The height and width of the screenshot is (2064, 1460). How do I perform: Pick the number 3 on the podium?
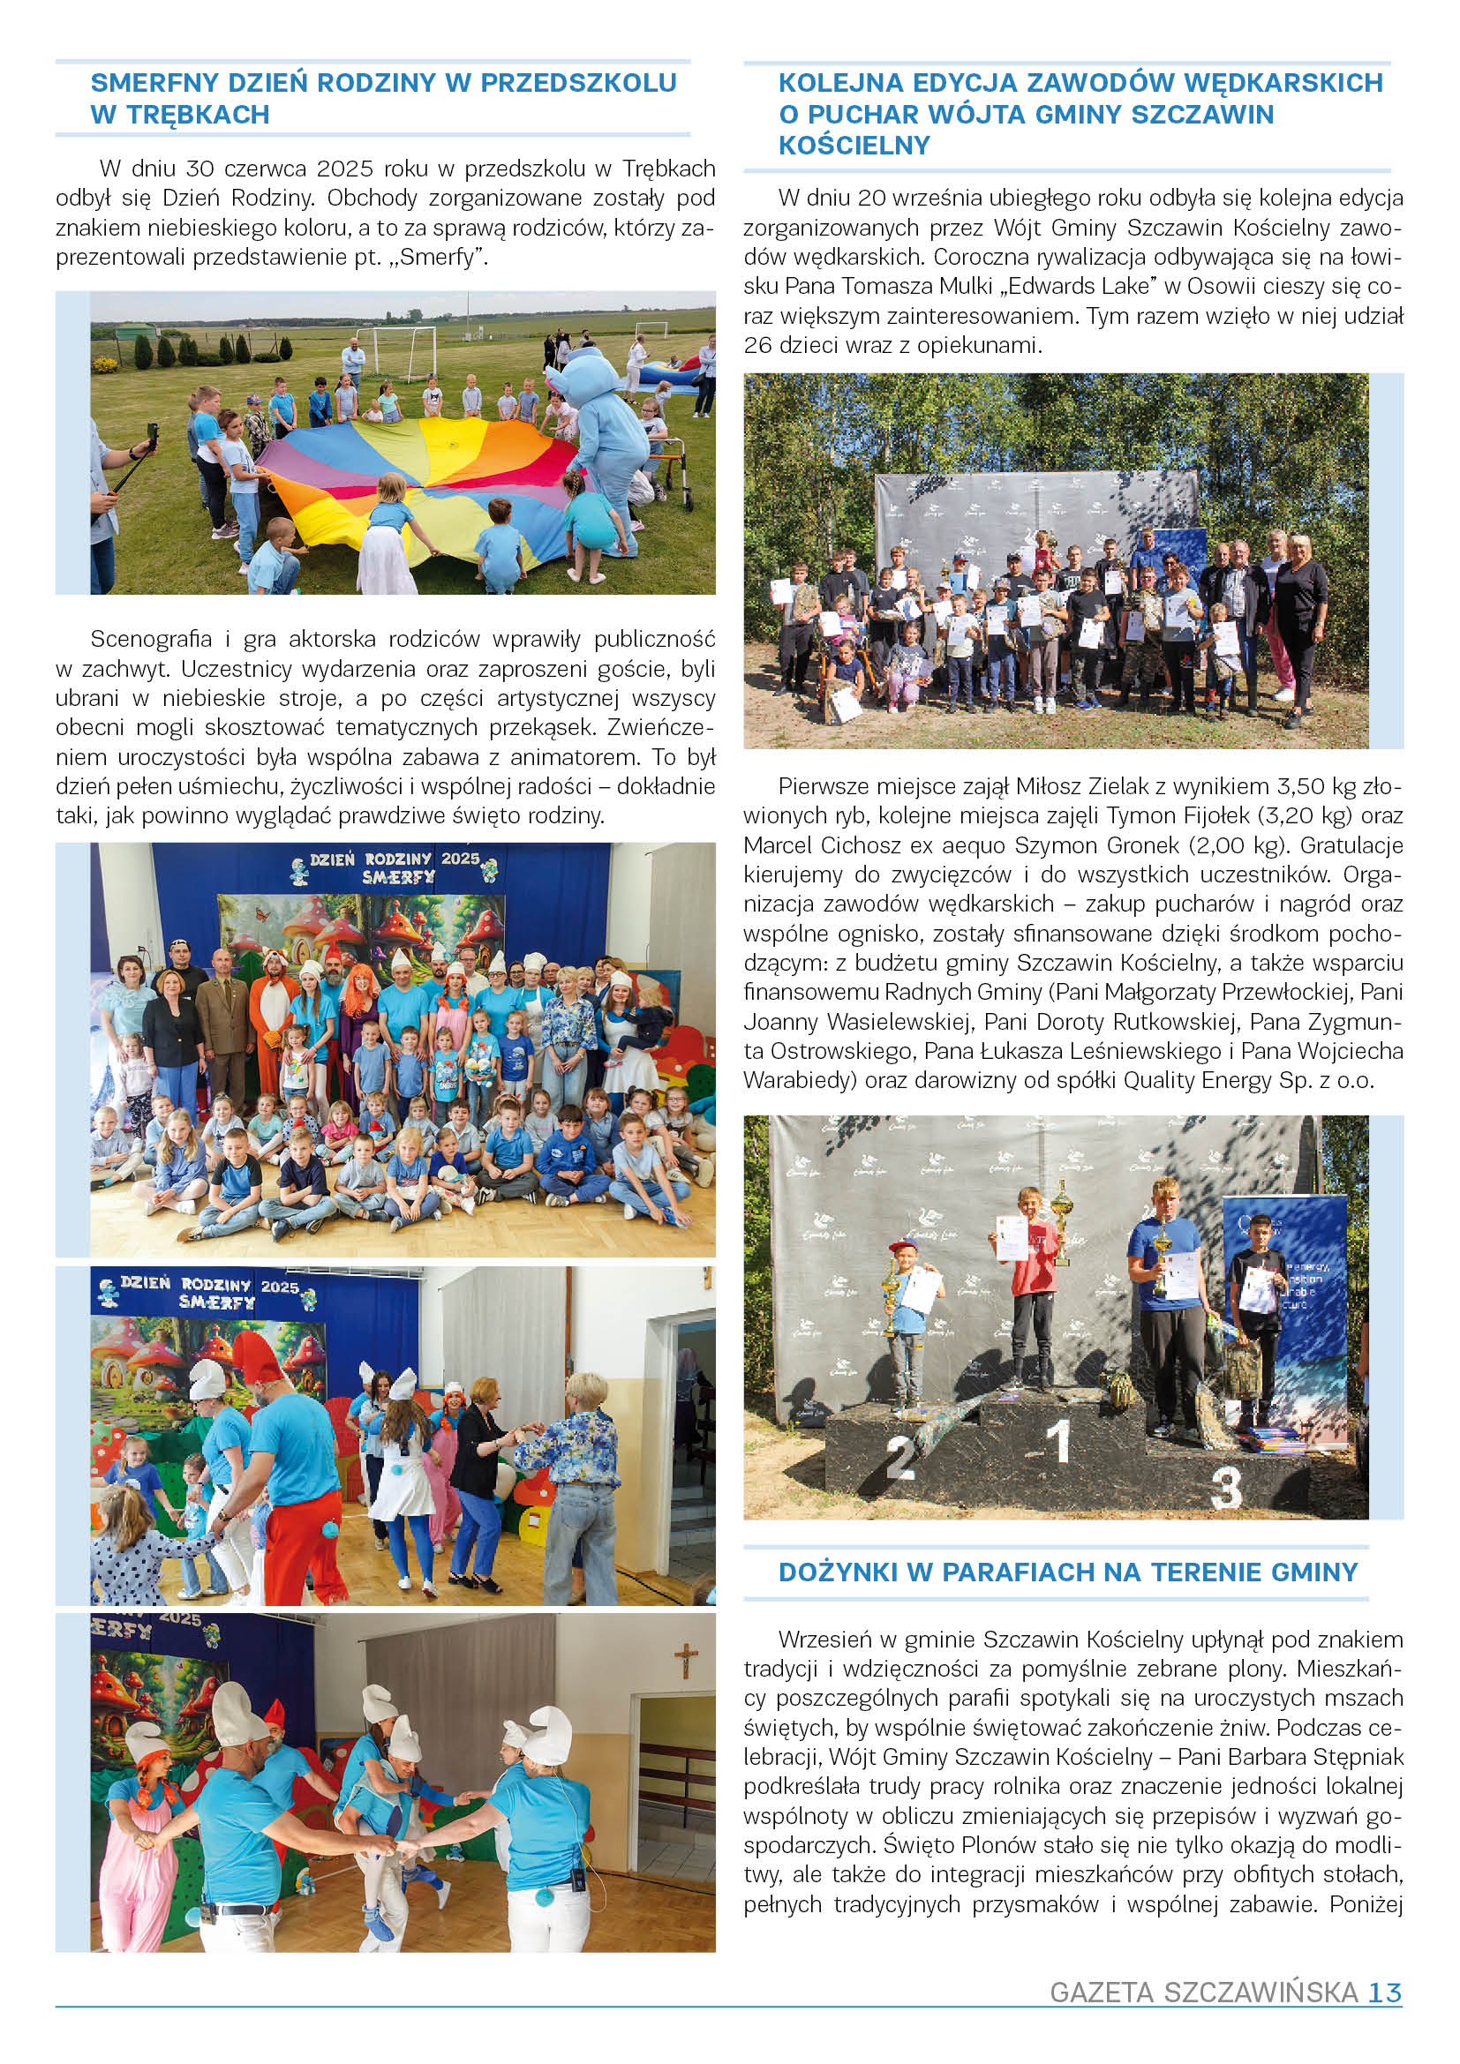(1226, 1488)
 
